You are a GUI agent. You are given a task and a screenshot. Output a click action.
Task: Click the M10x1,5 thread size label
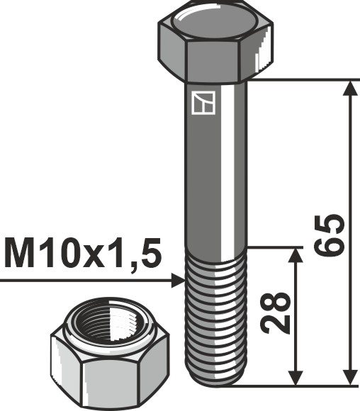click(x=83, y=254)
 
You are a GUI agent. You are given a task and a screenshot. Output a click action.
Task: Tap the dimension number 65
click(x=331, y=234)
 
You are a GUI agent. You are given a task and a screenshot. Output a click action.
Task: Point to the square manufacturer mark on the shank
click(x=203, y=103)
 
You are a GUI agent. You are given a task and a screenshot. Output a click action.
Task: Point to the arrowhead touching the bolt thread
click(x=178, y=281)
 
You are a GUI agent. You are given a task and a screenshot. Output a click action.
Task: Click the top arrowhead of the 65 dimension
click(x=349, y=89)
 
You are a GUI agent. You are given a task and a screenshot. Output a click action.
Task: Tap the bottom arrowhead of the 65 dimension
click(x=349, y=378)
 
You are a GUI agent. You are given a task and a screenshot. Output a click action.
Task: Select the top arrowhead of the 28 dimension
click(x=297, y=255)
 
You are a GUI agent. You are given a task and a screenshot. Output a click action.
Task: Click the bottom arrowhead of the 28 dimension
click(x=297, y=378)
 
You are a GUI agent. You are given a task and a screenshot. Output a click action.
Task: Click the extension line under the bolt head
click(x=298, y=80)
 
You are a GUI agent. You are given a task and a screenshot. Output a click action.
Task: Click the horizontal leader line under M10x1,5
click(x=85, y=281)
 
